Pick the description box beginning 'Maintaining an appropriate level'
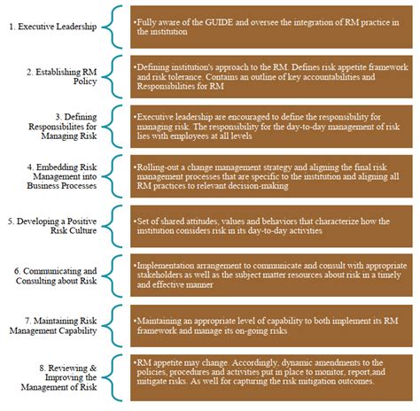click(271, 324)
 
